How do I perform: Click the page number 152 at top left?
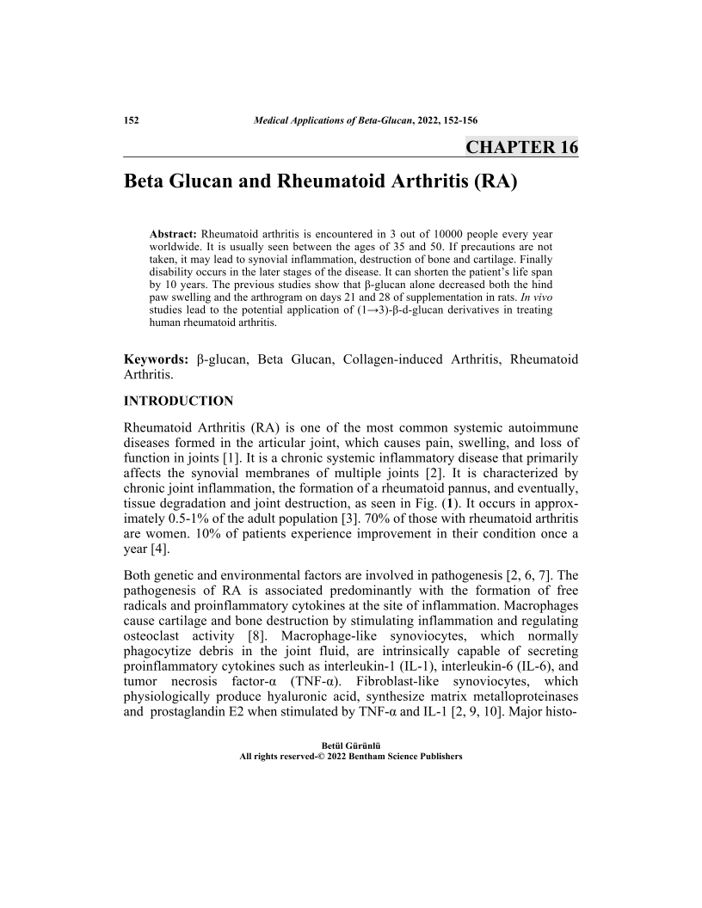(x=132, y=120)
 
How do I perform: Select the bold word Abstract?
(x=174, y=233)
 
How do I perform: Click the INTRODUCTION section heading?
(x=178, y=401)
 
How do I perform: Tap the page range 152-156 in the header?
(x=459, y=120)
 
